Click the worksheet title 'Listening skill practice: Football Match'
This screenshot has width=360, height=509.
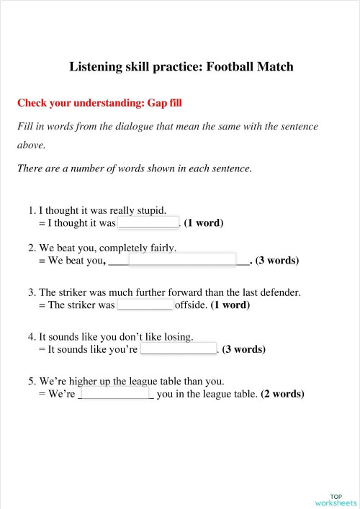(x=181, y=67)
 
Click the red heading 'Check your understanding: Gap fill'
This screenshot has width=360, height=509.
(x=99, y=103)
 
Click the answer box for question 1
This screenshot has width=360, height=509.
(x=148, y=222)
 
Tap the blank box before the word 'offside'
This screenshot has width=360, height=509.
(x=145, y=305)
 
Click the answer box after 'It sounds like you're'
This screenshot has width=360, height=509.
(x=179, y=349)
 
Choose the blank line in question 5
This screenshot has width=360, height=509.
(x=115, y=395)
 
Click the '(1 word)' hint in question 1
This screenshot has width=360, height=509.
(x=204, y=223)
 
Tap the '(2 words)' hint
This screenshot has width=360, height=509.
(x=282, y=395)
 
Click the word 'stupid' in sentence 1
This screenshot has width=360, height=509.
(x=149, y=210)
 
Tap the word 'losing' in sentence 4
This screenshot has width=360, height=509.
(x=177, y=336)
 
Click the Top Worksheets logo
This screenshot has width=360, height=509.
(x=336, y=500)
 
